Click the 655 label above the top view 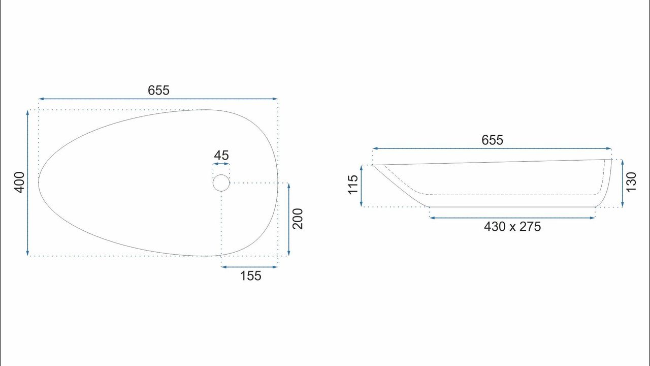tap(158, 90)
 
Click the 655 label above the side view tap(492, 140)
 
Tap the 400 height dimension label tap(20, 182)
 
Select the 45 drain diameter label tap(221, 156)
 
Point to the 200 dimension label tap(298, 219)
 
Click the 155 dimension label tap(251, 276)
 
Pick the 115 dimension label tap(353, 185)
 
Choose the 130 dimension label tap(631, 182)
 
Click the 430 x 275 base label tap(512, 227)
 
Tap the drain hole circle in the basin tap(221, 174)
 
